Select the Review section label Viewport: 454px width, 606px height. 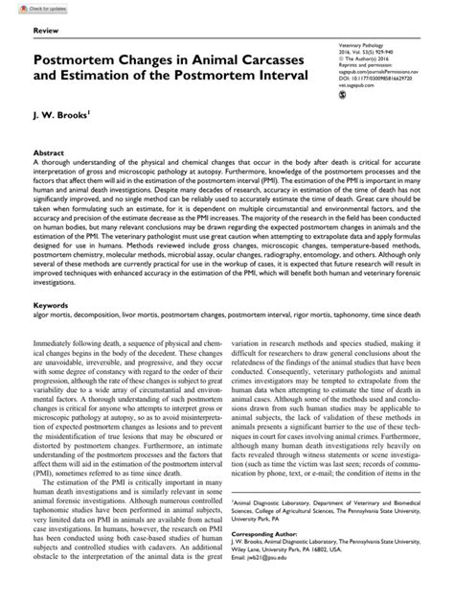click(x=46, y=32)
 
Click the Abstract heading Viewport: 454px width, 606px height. click(x=49, y=152)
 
